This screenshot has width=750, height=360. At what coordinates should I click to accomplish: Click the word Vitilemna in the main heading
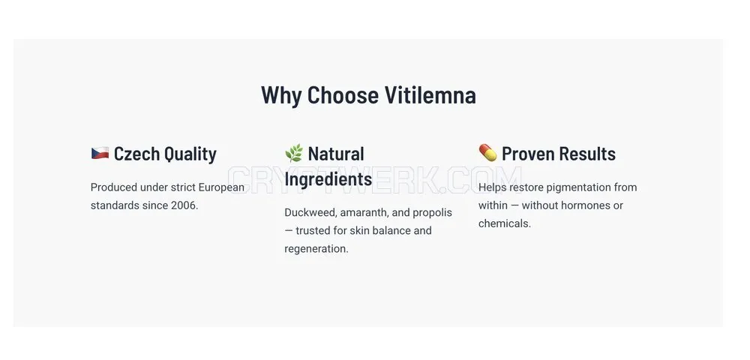[430, 94]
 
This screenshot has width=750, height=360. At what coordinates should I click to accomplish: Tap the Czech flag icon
[100, 153]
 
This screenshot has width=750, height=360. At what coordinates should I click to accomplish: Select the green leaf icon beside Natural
[294, 153]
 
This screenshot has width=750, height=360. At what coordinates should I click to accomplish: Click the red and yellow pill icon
[488, 152]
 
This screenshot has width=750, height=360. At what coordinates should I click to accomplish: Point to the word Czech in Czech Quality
[136, 154]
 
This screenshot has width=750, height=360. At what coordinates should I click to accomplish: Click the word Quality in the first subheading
[190, 154]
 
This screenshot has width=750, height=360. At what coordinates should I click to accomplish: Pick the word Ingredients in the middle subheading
[328, 179]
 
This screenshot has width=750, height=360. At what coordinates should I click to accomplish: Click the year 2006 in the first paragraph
[184, 205]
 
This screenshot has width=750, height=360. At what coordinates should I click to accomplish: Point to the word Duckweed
[310, 212]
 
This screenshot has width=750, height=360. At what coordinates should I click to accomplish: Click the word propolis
[433, 213]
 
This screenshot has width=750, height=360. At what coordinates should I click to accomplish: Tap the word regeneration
[316, 249]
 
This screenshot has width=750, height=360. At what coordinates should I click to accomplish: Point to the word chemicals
[505, 223]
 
